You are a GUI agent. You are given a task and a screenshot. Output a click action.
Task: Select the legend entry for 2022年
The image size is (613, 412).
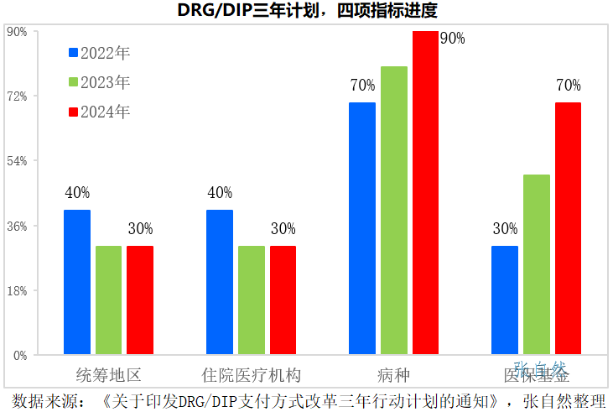pyautogui.click(x=99, y=53)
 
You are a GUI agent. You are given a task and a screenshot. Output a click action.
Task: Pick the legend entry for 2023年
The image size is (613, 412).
pyautogui.click(x=99, y=82)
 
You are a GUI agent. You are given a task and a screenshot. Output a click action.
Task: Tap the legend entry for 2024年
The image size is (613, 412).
pyautogui.click(x=99, y=112)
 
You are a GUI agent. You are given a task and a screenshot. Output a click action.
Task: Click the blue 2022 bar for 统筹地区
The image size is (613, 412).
pyautogui.click(x=77, y=282)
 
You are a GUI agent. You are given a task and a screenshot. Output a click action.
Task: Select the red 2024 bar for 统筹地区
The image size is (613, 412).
pyautogui.click(x=140, y=300)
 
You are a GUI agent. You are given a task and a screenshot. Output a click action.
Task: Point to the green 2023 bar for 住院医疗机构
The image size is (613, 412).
pyautogui.click(x=252, y=300)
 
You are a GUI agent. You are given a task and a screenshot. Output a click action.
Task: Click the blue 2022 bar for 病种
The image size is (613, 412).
pyautogui.click(x=362, y=228)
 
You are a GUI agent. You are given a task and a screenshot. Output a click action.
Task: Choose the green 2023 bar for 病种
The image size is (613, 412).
pyautogui.click(x=394, y=210)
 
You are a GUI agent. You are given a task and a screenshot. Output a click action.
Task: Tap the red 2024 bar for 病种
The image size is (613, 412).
pyautogui.click(x=425, y=193)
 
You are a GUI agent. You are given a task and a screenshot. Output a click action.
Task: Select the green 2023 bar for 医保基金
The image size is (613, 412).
pyautogui.click(x=537, y=264)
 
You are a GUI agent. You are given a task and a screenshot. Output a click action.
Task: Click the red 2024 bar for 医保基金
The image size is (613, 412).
pyautogui.click(x=568, y=228)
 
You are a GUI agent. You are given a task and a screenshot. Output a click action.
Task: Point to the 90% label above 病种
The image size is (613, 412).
pyautogui.click(x=452, y=38)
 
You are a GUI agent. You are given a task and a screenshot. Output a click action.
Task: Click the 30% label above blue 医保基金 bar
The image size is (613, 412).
pyautogui.click(x=505, y=229)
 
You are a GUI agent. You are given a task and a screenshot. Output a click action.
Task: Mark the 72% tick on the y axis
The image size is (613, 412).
pyautogui.click(x=18, y=96)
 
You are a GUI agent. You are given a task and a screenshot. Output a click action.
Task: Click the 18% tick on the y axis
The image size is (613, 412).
pyautogui.click(x=18, y=290)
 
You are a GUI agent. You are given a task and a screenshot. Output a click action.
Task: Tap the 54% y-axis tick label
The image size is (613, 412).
pyautogui.click(x=18, y=161)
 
